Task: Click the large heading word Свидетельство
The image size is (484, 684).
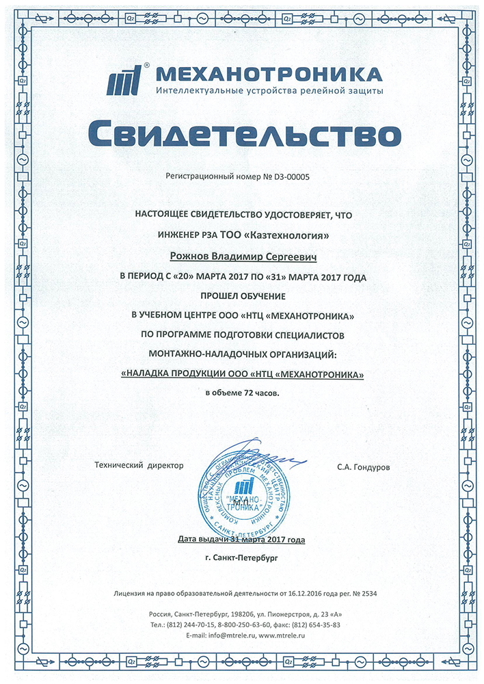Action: [243, 133]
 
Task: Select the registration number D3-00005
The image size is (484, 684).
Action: [292, 176]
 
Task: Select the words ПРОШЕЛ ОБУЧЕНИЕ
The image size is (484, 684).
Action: [243, 296]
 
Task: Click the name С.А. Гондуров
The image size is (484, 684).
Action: [364, 466]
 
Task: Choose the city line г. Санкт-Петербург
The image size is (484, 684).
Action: [243, 557]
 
